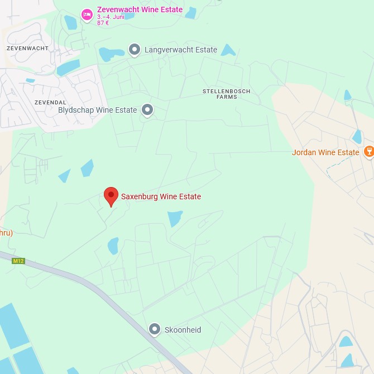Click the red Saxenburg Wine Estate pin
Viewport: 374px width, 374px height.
pos(111,196)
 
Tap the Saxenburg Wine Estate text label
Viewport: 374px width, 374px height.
pos(161,196)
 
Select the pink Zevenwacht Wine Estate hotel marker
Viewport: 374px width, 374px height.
pos(87,15)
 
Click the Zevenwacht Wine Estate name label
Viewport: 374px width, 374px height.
pos(140,9)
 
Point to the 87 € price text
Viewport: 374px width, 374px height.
pos(103,23)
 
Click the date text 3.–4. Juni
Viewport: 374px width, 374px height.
pos(111,17)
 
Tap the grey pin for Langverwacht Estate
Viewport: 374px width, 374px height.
pos(135,50)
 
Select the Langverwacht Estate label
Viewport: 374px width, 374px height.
pos(181,50)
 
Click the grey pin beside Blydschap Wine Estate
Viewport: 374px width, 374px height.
pos(147,110)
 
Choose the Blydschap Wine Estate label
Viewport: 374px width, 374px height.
pos(98,110)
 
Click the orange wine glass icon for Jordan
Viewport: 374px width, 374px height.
pos(368,151)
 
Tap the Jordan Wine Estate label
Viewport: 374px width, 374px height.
pos(325,152)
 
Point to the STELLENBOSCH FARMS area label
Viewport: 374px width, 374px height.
pos(227,94)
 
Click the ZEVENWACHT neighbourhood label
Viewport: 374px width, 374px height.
pos(27,49)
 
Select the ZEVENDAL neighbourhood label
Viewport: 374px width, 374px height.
pos(50,103)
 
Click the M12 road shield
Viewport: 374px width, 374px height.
pos(19,261)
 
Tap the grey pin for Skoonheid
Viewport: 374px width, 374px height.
pos(155,329)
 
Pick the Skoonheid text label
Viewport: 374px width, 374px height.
pos(183,330)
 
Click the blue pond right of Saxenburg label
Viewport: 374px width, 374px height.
pos(175,218)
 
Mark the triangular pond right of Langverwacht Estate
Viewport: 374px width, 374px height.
pos(228,51)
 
